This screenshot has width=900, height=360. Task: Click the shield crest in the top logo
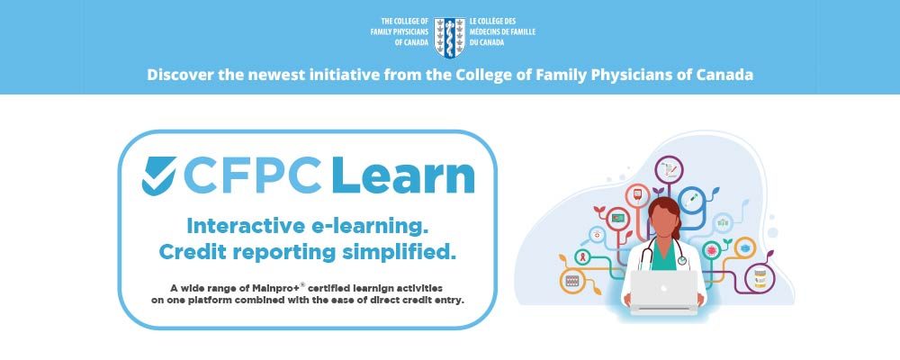coord(449,38)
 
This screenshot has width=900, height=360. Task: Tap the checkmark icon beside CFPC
coord(159,175)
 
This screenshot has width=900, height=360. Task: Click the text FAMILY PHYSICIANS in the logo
coord(400,31)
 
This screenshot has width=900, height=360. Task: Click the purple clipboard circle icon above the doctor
coord(669,170)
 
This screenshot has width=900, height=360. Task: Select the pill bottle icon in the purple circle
coord(760,278)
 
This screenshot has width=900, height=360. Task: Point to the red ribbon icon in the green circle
coord(582,256)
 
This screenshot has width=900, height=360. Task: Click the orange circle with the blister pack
coord(572,281)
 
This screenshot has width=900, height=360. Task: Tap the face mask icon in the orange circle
coord(744,248)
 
